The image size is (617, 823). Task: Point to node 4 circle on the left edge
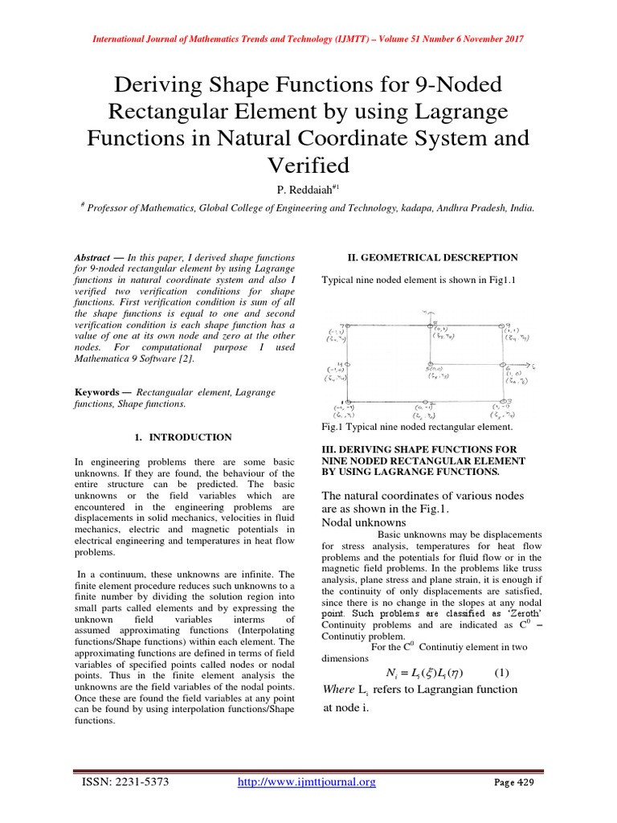pyautogui.click(x=348, y=364)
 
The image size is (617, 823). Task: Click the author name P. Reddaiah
pyautogui.click(x=304, y=189)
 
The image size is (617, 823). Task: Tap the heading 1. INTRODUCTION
pyautogui.click(x=181, y=437)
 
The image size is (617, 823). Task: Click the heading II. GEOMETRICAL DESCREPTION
pyautogui.click(x=432, y=257)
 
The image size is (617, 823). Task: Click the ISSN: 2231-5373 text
pyautogui.click(x=123, y=781)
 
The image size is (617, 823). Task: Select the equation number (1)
pyautogui.click(x=501, y=672)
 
